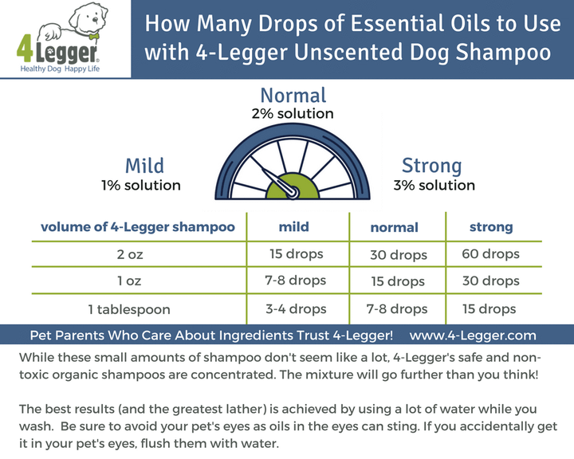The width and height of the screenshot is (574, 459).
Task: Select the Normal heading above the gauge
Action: [288, 96]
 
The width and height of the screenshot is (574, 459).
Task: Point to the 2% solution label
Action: [288, 114]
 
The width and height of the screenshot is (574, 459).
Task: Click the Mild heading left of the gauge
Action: [144, 166]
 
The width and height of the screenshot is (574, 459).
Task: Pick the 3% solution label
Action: [434, 185]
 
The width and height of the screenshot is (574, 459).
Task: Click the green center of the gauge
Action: [288, 186]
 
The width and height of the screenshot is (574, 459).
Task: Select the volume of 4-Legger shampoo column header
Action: [138, 227]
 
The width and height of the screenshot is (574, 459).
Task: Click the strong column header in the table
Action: [491, 227]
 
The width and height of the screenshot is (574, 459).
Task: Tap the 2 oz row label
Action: [138, 254]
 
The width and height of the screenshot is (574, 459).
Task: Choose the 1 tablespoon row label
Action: [138, 308]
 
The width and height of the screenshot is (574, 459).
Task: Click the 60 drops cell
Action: [490, 254]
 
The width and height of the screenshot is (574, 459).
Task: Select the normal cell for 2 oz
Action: [398, 255]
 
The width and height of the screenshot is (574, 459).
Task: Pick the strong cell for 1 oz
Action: [490, 280]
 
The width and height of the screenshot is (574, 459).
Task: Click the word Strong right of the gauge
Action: [431, 166]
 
